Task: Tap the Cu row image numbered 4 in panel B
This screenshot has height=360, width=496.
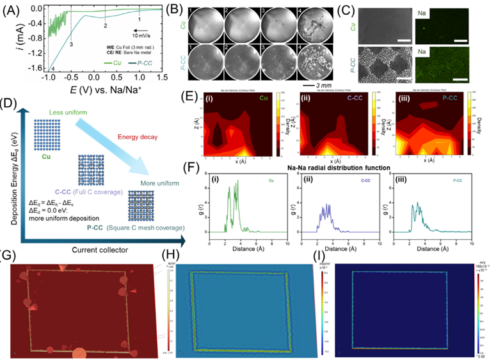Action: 310,24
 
